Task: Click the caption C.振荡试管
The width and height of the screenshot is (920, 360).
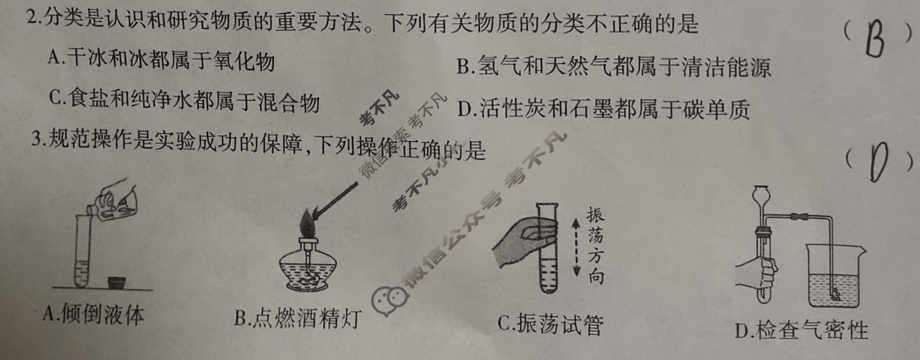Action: tap(550, 324)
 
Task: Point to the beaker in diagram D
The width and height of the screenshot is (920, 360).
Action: tap(835, 276)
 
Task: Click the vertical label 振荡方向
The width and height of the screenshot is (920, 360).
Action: tap(596, 246)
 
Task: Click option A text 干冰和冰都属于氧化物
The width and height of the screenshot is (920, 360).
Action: tap(161, 60)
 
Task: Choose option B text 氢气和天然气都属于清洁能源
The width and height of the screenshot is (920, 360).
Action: tap(614, 67)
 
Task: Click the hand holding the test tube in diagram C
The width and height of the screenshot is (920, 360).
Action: tap(520, 244)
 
